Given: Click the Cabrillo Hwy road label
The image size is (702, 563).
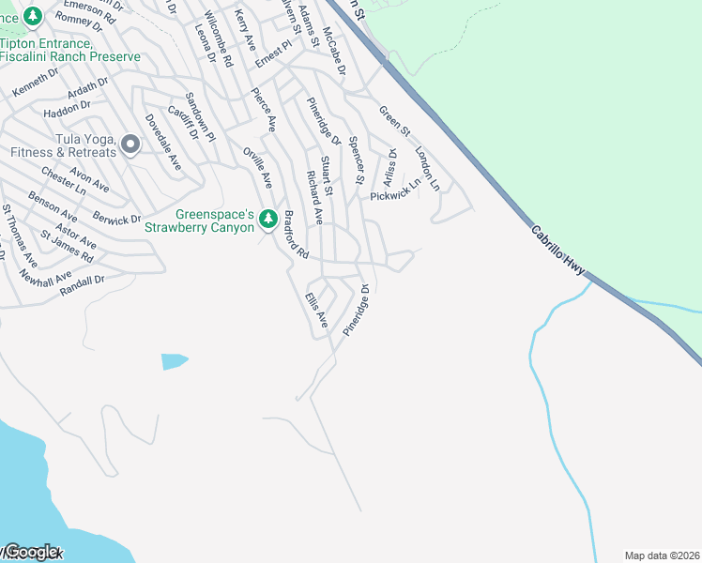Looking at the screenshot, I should (x=557, y=251).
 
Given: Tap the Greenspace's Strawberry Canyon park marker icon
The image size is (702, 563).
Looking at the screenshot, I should (x=267, y=218).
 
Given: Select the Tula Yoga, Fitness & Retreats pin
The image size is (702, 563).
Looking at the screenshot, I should (x=130, y=145).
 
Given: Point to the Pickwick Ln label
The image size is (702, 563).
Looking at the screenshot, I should (x=395, y=195).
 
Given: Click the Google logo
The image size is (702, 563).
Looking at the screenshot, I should (x=32, y=553).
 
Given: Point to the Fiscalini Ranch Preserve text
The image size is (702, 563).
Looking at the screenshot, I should (x=70, y=56).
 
